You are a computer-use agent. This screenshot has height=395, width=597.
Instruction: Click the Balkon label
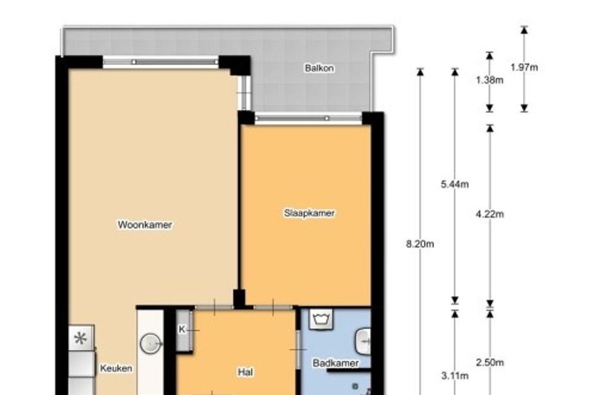pyautogui.click(x=319, y=68)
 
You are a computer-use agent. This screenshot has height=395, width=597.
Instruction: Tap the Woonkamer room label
pyautogui.click(x=145, y=225)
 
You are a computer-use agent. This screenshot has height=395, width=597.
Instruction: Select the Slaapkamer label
pyautogui.click(x=309, y=213)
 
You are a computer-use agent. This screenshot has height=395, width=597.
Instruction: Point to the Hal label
pyautogui.click(x=245, y=372)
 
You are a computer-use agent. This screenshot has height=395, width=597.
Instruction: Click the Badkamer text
pyautogui.click(x=335, y=363)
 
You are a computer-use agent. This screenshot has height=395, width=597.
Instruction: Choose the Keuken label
pyautogui.click(x=116, y=368)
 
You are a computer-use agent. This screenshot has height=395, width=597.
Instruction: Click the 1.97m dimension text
pyautogui.click(x=524, y=68)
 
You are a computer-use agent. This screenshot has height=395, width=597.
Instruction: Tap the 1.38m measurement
pyautogui.click(x=490, y=80)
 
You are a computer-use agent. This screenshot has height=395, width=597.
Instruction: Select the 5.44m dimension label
pyautogui.click(x=455, y=185)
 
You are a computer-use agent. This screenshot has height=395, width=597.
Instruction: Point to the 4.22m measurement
pyautogui.click(x=490, y=214)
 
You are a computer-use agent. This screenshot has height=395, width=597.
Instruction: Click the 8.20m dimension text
pyautogui.click(x=420, y=244)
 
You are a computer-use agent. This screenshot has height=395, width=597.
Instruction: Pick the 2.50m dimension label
pyautogui.click(x=490, y=362)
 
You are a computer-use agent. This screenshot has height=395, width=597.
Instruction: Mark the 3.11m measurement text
pyautogui.click(x=455, y=376)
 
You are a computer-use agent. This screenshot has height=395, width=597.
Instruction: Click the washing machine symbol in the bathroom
pyautogui.click(x=321, y=318)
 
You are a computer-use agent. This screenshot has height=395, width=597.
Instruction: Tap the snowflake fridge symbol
pyautogui.click(x=81, y=338)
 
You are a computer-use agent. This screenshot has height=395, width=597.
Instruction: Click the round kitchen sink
pyautogui.click(x=151, y=344)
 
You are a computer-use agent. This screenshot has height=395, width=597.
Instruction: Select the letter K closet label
pyautogui.click(x=182, y=329)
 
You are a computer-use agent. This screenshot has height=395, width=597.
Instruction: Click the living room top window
pyautogui.click(x=160, y=62)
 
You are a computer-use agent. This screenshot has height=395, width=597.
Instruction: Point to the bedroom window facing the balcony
pyautogui.click(x=308, y=118)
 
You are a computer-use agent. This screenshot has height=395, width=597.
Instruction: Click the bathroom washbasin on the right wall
pyautogui.click(x=363, y=341)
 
